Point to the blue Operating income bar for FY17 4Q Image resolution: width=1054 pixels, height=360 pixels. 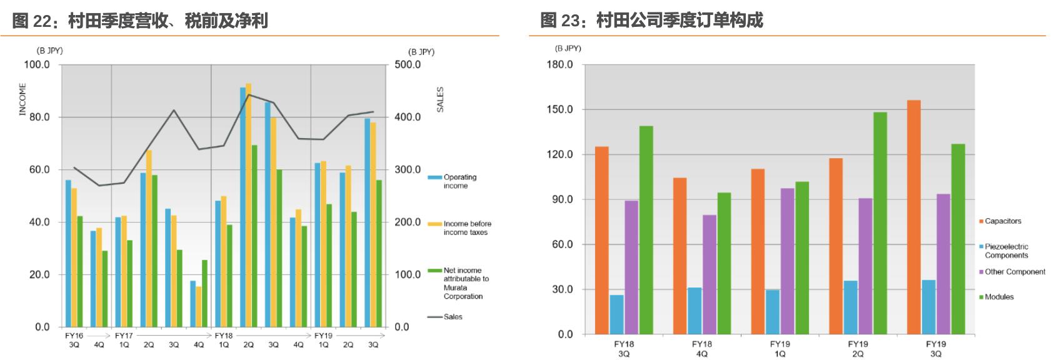point(193,304)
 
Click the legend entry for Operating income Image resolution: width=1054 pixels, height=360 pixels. point(459,181)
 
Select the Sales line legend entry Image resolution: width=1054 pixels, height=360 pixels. point(453,317)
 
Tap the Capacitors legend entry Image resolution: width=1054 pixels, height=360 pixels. point(1003,221)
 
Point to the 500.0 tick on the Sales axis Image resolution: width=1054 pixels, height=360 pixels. point(408,64)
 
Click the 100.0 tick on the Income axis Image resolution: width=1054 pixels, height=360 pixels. point(37,64)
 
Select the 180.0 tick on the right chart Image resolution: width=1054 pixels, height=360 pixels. point(560,64)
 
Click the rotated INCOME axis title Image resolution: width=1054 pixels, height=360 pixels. point(23,99)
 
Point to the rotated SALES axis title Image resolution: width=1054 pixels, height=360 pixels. point(439,99)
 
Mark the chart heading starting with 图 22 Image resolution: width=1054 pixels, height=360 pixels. point(140,21)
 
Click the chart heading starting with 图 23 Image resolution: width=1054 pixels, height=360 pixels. point(651,21)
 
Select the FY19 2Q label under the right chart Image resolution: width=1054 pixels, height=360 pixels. point(857,349)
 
